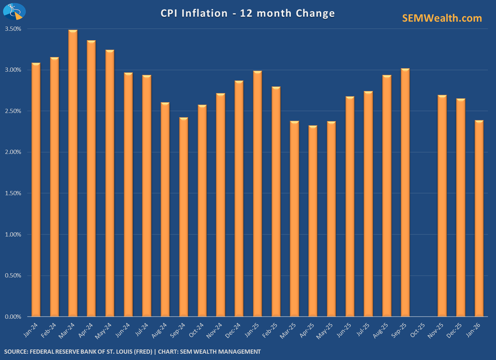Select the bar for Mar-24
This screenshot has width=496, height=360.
73,173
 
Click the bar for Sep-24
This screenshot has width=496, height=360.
184,217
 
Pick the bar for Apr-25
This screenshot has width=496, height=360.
313,221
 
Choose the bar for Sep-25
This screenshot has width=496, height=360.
405,192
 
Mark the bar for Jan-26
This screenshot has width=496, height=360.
479,218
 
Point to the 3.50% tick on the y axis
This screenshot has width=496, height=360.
13,29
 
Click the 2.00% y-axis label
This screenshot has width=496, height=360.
13,152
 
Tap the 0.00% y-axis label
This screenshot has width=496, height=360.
13,317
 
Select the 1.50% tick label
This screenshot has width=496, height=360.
13,193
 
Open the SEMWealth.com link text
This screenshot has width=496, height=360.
442,18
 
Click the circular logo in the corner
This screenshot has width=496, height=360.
14,12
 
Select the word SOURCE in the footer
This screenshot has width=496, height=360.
15,352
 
